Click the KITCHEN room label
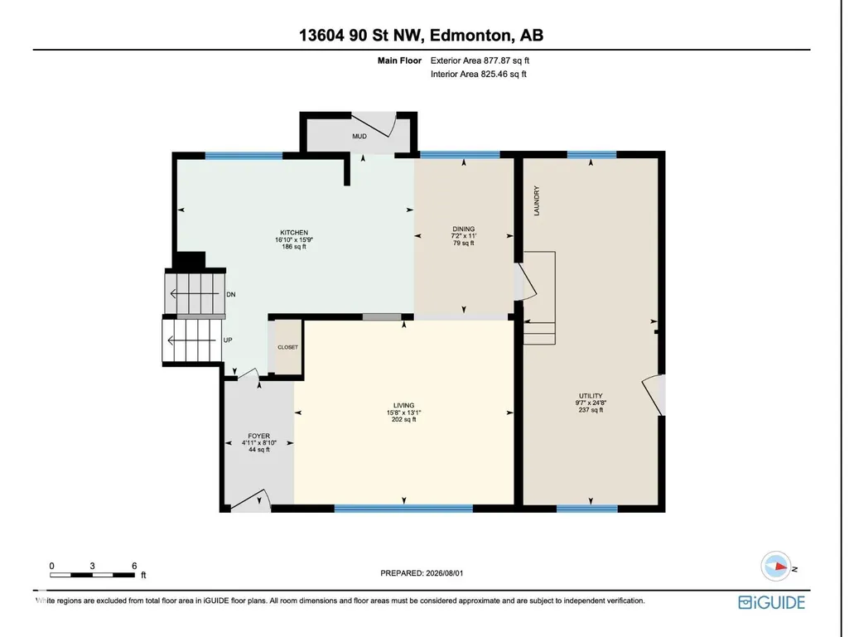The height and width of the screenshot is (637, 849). (x=294, y=233)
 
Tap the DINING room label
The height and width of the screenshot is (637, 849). (x=464, y=229)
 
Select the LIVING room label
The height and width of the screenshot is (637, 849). (x=404, y=405)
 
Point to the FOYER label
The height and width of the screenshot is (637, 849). (x=258, y=436)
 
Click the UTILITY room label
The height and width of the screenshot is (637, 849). (x=591, y=395)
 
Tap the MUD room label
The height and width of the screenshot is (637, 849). (x=359, y=136)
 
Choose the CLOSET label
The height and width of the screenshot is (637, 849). (x=287, y=347)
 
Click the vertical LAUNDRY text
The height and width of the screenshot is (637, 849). (x=537, y=201)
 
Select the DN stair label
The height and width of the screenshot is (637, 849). (x=230, y=294)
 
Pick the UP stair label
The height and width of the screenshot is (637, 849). (x=228, y=340)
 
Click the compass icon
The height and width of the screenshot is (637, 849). (x=776, y=567)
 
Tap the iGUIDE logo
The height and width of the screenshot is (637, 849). (x=772, y=602)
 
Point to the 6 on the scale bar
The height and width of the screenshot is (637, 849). (x=134, y=566)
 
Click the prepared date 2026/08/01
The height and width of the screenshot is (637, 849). (x=445, y=573)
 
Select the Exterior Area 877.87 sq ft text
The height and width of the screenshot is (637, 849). (x=480, y=60)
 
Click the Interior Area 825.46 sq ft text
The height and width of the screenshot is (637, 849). (x=479, y=75)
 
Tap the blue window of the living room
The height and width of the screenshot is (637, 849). (x=403, y=508)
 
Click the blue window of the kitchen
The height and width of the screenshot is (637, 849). (x=244, y=156)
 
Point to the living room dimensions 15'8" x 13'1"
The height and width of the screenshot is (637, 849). (x=404, y=413)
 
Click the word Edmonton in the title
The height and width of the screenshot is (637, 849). (x=471, y=36)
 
